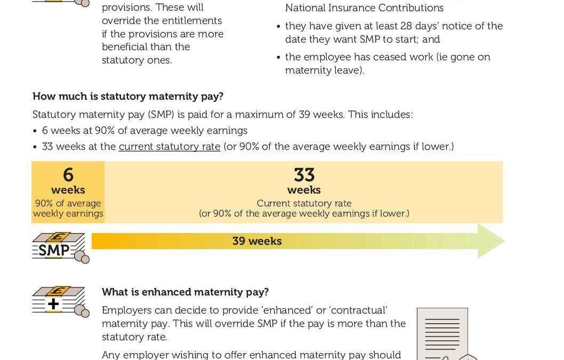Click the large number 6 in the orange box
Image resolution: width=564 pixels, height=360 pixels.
coord(68,175)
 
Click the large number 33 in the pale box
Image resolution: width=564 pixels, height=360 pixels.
coord(304,175)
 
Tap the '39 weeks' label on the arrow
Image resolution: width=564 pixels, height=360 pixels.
coord(257,241)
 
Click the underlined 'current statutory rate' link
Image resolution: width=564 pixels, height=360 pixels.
coord(170,146)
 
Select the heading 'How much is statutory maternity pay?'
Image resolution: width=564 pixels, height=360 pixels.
coord(128,97)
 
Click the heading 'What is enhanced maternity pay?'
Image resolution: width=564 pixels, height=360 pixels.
coord(186,292)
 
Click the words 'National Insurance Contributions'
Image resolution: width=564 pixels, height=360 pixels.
coord(364,8)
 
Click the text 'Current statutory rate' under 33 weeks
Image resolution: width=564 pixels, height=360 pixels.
coord(304,203)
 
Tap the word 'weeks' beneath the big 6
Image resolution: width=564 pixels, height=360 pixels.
coord(68,190)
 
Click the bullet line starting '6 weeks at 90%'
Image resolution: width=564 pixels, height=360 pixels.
coord(144,131)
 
